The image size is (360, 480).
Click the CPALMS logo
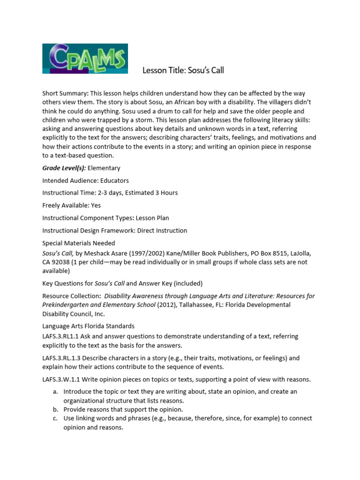[x=85, y=59]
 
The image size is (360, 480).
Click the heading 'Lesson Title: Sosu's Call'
[x=183, y=71]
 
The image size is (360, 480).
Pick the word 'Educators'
[x=114, y=180]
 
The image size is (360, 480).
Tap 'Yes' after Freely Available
[x=95, y=205]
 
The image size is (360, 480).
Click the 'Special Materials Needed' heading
[x=78, y=243]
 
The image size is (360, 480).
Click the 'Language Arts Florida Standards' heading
[x=88, y=326]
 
